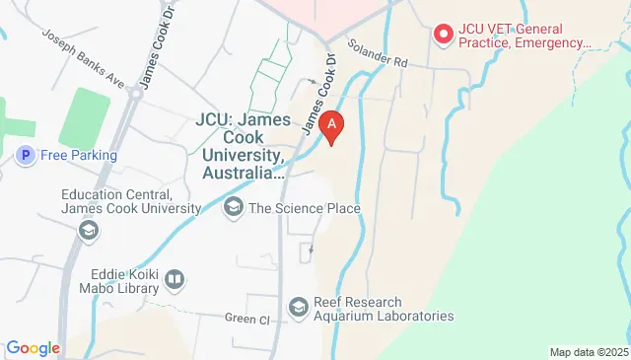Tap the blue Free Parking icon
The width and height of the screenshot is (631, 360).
[25, 155]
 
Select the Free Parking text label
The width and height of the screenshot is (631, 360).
[78, 155]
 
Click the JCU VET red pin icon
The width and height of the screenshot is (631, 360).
[444, 35]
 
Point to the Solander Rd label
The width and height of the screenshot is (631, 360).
[378, 54]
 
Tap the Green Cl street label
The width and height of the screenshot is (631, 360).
[246, 319]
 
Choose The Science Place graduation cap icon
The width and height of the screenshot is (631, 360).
[234, 207]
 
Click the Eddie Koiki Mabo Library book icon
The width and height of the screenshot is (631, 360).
[175, 280]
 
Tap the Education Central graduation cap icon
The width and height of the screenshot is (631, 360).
[88, 230]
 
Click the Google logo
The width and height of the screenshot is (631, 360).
[33, 348]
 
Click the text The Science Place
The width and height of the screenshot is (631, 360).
[304, 208]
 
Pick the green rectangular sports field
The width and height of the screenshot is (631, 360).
[85, 117]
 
